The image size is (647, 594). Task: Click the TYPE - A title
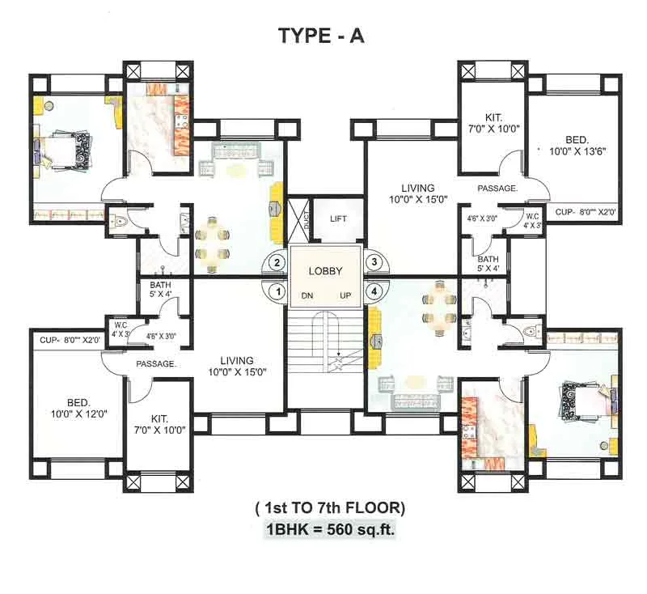(x=321, y=36)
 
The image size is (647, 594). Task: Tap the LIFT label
(x=338, y=219)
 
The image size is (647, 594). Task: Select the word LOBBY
(x=326, y=271)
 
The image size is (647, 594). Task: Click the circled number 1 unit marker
(x=277, y=292)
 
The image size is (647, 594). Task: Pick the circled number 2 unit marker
(x=277, y=262)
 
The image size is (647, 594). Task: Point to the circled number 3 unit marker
(x=374, y=261)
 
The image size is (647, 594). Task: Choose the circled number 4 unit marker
(x=374, y=291)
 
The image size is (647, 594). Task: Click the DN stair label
(x=307, y=295)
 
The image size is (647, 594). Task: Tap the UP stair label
(x=345, y=295)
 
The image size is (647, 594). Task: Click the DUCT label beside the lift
(x=306, y=220)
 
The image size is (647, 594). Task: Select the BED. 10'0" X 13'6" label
(x=577, y=146)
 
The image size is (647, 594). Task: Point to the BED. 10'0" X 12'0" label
(x=78, y=408)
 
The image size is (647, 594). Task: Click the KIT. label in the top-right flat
(x=493, y=118)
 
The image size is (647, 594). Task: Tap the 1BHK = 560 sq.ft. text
(x=330, y=529)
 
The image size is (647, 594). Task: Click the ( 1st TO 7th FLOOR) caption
(x=330, y=507)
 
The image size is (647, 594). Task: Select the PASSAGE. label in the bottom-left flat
(x=156, y=363)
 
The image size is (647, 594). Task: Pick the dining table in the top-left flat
(x=212, y=244)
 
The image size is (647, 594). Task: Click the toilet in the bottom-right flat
(x=532, y=332)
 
